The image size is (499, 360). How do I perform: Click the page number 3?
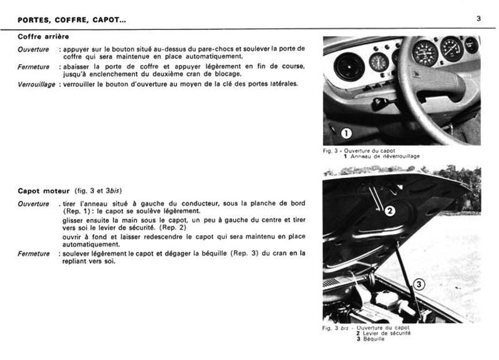click(x=478, y=19)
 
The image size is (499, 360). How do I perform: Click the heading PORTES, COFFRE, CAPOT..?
click(x=72, y=20)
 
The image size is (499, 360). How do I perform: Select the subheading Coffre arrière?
click(x=44, y=37)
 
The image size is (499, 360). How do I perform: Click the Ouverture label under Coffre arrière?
click(x=33, y=49)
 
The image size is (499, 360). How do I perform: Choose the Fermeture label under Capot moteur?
click(x=33, y=253)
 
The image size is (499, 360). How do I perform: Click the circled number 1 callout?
click(x=347, y=132)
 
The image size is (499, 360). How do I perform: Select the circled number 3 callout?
click(x=419, y=285)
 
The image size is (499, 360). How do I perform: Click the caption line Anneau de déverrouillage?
click(x=385, y=156)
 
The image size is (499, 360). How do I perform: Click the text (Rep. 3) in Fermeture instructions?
click(x=234, y=253)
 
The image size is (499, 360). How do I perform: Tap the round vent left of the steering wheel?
click(x=349, y=66)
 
